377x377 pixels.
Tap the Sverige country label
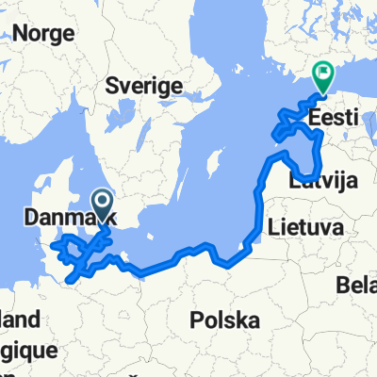143,85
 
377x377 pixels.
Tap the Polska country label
224,320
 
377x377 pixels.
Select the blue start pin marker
102,202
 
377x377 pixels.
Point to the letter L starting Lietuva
273,226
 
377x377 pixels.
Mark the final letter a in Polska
254,321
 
